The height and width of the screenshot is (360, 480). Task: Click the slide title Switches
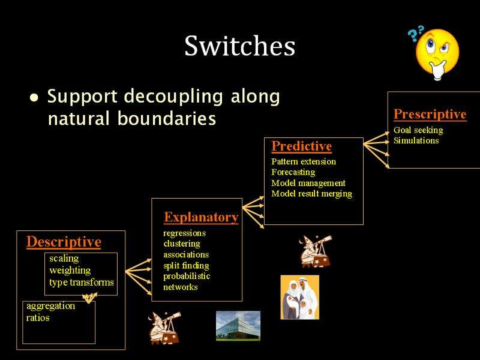239,46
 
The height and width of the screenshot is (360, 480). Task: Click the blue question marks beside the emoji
416,34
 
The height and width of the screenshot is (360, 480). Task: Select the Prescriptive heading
430,114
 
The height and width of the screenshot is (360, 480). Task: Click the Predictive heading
302,146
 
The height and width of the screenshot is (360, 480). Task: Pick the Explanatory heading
201,217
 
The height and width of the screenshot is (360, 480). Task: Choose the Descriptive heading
64,242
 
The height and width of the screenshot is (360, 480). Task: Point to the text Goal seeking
418,130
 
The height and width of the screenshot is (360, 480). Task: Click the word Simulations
416,140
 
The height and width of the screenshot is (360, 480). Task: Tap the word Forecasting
293,172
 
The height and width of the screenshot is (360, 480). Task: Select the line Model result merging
311,194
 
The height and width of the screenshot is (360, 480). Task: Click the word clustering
182,244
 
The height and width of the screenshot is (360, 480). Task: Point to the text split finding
186,265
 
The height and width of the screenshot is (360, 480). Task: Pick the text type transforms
82,282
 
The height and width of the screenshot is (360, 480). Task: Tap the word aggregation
50,306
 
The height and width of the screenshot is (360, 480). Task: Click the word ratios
38,318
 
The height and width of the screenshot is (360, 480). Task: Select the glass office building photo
238,326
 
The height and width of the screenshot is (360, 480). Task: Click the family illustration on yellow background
299,297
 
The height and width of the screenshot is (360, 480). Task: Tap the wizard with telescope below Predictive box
316,251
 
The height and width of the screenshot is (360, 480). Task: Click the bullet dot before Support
34,98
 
